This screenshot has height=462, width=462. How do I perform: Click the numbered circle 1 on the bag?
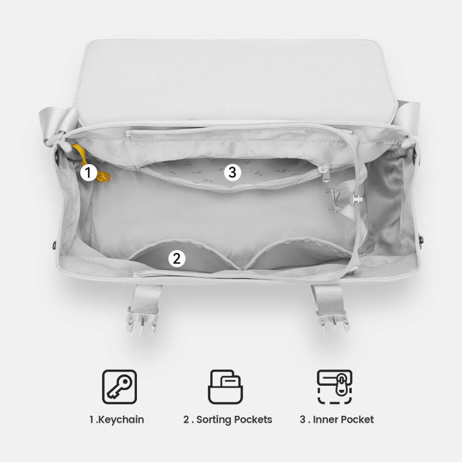pyautogui.click(x=88, y=172)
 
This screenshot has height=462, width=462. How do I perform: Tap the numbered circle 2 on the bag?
pyautogui.click(x=177, y=259)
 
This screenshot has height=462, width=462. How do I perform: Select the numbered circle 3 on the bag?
pyautogui.click(x=233, y=172)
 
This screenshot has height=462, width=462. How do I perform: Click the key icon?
pyautogui.click(x=120, y=386)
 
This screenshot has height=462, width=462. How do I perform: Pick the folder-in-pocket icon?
pyautogui.click(x=225, y=386)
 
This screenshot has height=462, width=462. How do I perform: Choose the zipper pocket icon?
pyautogui.click(x=335, y=386)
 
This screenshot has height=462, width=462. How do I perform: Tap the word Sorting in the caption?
pyautogui.click(x=210, y=420)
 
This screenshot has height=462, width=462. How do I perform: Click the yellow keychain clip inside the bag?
pyautogui.click(x=103, y=177)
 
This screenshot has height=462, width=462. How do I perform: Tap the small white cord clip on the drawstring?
pyautogui.click(x=357, y=199)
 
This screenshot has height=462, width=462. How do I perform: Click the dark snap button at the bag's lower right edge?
pyautogui.click(x=421, y=239)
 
